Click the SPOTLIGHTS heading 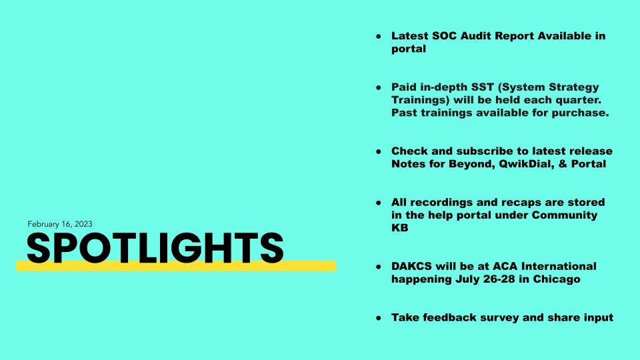point(155,248)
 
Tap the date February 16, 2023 point(60,224)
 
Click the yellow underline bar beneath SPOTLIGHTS point(176,267)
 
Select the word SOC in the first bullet point(445,36)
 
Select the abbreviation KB point(399,228)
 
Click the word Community point(565,215)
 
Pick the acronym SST point(483,87)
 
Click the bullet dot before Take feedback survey point(379,318)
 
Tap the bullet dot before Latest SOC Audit point(379,37)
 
